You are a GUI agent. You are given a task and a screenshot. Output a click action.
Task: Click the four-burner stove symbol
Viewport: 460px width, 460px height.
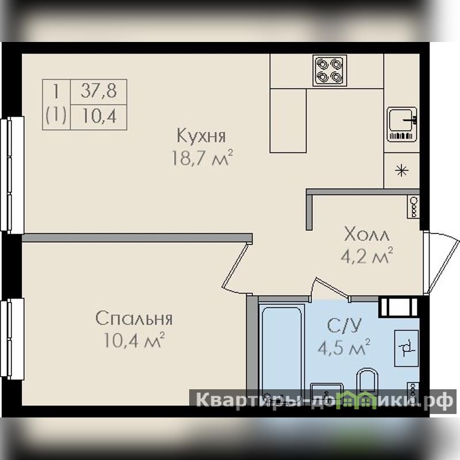[x=329, y=71]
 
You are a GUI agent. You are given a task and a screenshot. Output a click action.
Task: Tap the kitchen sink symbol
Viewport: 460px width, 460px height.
[x=402, y=124]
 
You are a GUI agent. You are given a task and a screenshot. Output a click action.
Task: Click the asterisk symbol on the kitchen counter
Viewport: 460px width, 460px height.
[x=401, y=170]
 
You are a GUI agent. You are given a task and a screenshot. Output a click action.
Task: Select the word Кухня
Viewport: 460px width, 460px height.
[x=201, y=136]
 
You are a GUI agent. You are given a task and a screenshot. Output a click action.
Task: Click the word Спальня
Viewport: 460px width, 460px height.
[x=134, y=319]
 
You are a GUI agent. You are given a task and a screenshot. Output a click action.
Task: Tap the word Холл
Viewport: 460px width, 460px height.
[x=367, y=235]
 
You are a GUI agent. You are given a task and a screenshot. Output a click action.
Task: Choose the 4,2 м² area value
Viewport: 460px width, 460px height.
[x=367, y=255]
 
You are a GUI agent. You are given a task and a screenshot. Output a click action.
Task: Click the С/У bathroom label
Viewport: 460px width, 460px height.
[x=344, y=325]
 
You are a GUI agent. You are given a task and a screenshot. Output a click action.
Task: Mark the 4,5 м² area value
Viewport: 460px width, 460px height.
[x=344, y=347]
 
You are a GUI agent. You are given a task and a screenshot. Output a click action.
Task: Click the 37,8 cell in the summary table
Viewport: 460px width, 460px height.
[x=98, y=91]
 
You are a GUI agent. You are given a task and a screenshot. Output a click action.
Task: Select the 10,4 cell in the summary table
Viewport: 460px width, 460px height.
[x=98, y=117]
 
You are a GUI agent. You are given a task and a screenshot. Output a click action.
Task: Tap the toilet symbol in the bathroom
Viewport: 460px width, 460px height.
[x=367, y=381]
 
